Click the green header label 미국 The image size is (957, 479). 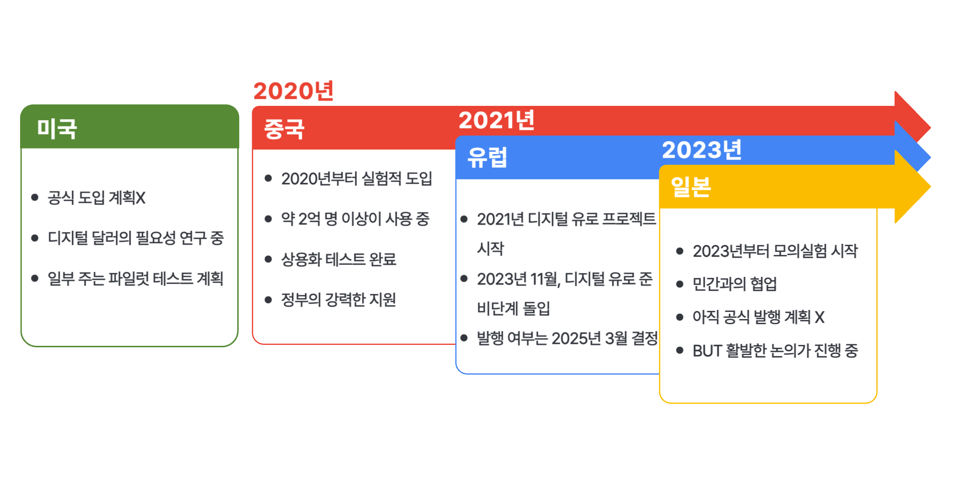pyautogui.click(x=57, y=128)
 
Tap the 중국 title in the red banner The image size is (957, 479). pyautogui.click(x=284, y=129)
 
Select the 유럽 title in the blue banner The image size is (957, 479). pyautogui.click(x=487, y=158)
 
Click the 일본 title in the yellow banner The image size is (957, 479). pyautogui.click(x=691, y=187)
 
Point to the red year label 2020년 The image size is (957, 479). pyautogui.click(x=293, y=91)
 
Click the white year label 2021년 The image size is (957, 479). pyautogui.click(x=497, y=120)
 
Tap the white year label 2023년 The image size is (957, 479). pyautogui.click(x=702, y=150)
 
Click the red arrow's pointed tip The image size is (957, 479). pyautogui.click(x=930, y=128)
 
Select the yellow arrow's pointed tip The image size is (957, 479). pyautogui.click(x=930, y=187)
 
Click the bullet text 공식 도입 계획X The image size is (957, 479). pyautogui.click(x=96, y=198)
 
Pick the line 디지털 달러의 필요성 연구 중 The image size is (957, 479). pyautogui.click(x=135, y=238)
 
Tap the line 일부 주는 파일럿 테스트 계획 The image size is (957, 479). pyautogui.click(x=135, y=278)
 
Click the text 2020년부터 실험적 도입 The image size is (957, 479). pyautogui.click(x=356, y=179)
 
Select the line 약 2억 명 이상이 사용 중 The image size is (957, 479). pyautogui.click(x=355, y=219)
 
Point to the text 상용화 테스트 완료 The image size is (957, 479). pyautogui.click(x=339, y=259)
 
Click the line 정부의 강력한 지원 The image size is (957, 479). pyautogui.click(x=339, y=299)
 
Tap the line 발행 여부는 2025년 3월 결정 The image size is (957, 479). pyautogui.click(x=568, y=338)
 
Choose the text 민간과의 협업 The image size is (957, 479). pyautogui.click(x=734, y=284)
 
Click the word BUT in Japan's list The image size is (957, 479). pyautogui.click(x=707, y=351)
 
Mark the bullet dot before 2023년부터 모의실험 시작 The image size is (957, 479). pyautogui.click(x=679, y=251)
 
